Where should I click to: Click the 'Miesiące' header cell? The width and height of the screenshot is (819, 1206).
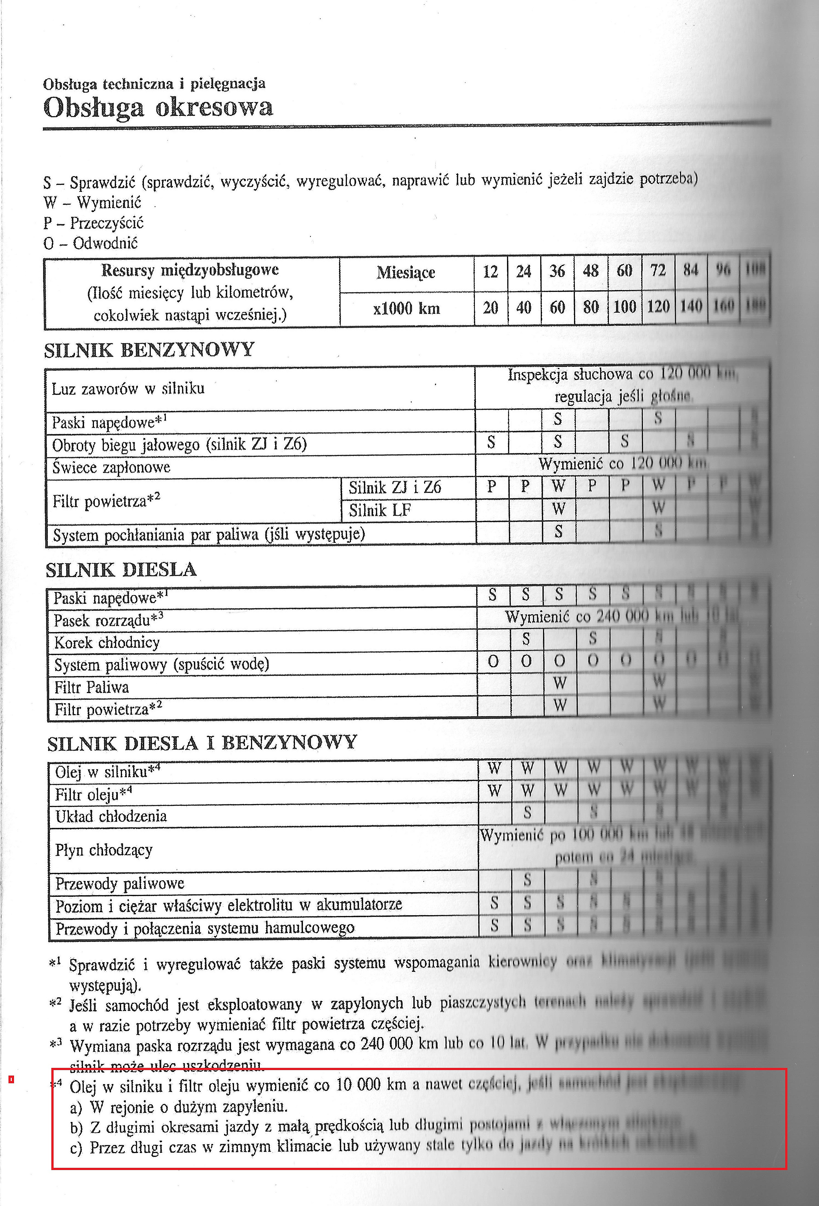coord(406,272)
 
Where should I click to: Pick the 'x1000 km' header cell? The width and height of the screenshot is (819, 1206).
coord(406,309)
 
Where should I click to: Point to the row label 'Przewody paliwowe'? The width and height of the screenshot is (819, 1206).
coord(120,883)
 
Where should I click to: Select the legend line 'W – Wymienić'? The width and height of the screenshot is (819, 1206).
coord(92,202)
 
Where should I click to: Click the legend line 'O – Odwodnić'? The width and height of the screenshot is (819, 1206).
coord(91,243)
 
